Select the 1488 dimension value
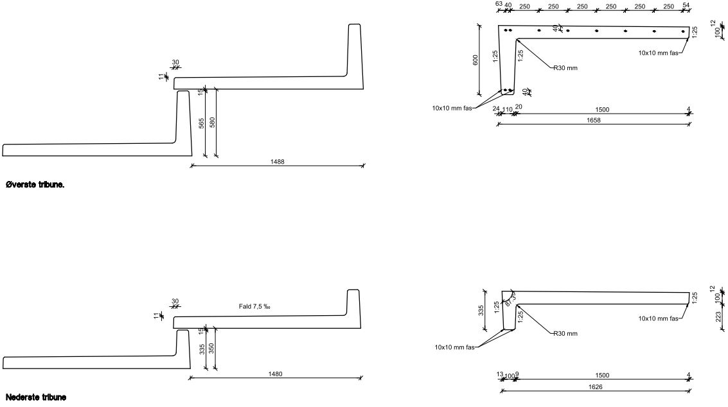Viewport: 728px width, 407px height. click(277, 162)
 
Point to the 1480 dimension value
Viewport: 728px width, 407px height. click(275, 374)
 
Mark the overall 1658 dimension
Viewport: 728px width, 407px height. click(594, 120)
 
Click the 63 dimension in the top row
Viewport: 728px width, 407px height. click(499, 4)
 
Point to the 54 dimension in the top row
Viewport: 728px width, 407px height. click(686, 5)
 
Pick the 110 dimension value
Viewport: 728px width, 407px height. click(508, 110)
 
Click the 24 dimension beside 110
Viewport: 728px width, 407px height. click(496, 109)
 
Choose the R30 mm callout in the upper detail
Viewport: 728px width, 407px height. click(565, 67)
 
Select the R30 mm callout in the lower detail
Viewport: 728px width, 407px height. click(565, 334)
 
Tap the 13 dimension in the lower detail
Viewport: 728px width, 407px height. click(500, 375)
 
